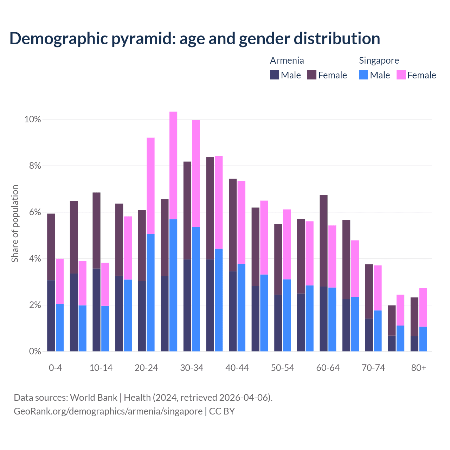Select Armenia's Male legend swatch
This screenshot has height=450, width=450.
pos(275,75)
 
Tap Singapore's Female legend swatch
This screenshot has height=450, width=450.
pos(401,75)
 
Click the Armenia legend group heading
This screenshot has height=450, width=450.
pos(287,60)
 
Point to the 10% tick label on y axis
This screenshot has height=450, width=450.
pos(33,120)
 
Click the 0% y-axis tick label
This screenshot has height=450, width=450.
pos(34,351)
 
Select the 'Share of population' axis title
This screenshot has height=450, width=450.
pos(15,224)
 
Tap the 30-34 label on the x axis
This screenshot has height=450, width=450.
pos(192,368)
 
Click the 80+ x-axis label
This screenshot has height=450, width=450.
pos(419,368)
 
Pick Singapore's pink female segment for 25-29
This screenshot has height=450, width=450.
pos(173,165)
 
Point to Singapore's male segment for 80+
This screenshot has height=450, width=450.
pos(423,339)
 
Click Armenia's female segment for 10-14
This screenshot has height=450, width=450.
pos(96,230)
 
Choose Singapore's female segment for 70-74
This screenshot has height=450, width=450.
pos(378,288)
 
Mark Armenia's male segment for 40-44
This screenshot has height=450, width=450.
pos(233,311)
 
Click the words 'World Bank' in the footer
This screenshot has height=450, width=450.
pos(94,398)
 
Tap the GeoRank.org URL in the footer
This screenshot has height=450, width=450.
pos(108,411)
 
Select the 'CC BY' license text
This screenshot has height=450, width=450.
pos(222,411)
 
